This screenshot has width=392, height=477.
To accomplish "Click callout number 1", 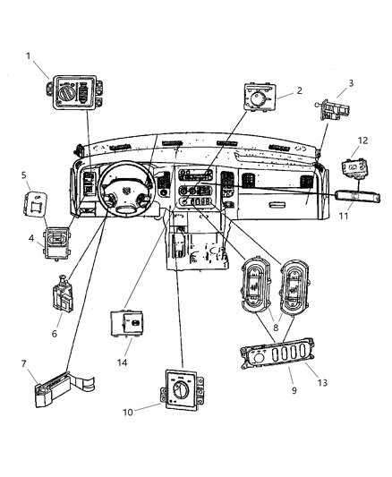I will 29,55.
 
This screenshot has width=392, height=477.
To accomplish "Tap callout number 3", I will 351,84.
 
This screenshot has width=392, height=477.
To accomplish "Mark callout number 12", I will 362,141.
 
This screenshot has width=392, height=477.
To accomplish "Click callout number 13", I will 322,382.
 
